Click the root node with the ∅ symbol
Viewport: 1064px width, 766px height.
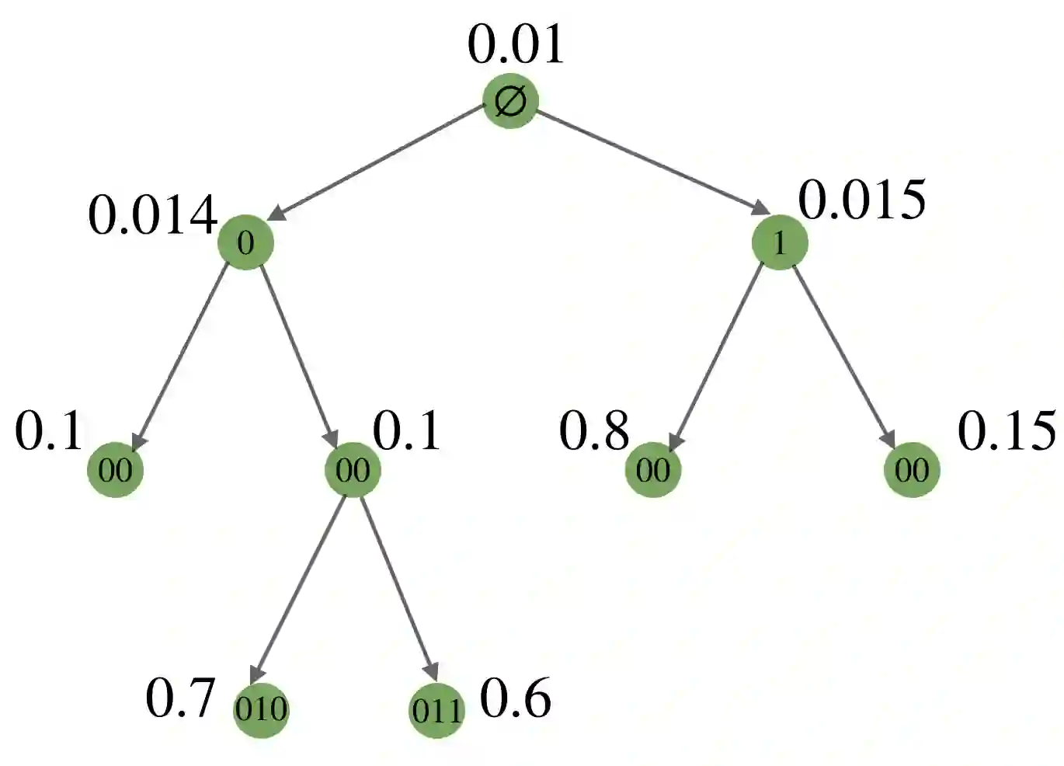click(x=510, y=101)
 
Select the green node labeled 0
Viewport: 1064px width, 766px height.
click(x=245, y=242)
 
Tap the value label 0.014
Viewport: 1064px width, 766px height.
click(x=152, y=215)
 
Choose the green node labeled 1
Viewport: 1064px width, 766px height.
click(x=780, y=242)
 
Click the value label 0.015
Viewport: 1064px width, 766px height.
click(x=862, y=200)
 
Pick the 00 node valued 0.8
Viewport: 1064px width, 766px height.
click(x=653, y=469)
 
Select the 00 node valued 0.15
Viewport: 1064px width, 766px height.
click(x=912, y=469)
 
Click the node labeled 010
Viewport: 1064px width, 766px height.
click(x=261, y=709)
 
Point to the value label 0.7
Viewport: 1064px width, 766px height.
click(x=180, y=698)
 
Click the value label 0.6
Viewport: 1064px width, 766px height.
click(x=516, y=698)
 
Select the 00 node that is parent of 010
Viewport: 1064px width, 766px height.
click(x=353, y=469)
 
